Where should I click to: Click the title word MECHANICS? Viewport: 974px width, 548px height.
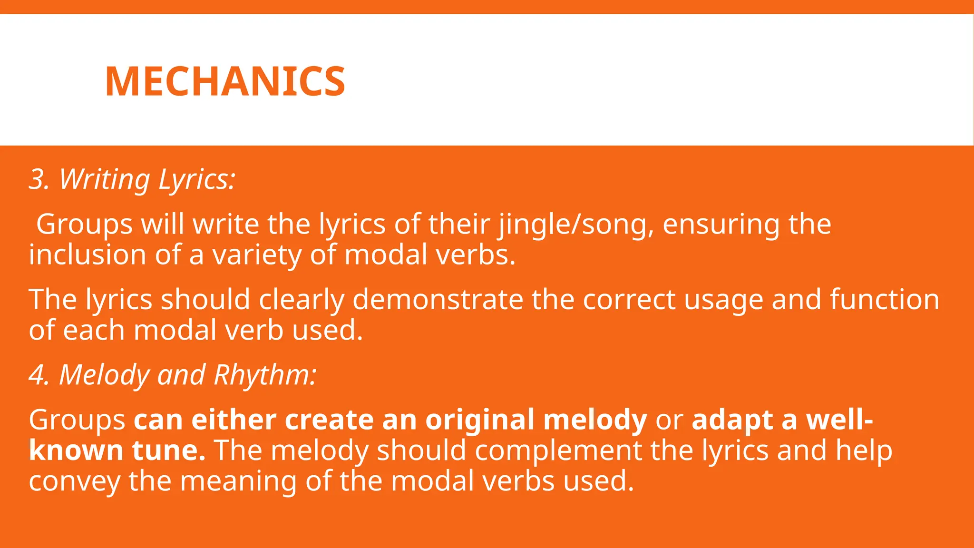tap(225, 81)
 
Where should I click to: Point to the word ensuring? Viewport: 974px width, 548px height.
tap(721, 224)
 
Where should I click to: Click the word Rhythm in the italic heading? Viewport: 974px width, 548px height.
tap(264, 375)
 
